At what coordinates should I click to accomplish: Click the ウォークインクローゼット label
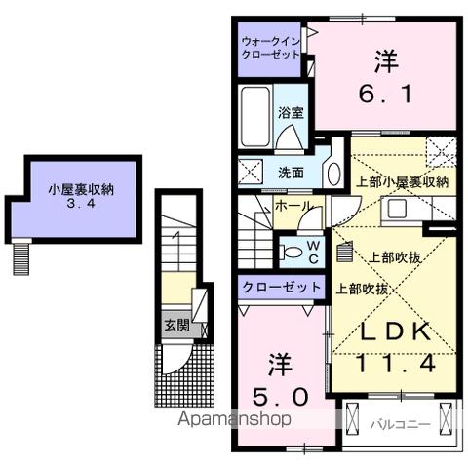tap(271, 48)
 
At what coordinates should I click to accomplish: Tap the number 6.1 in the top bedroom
tap(385, 94)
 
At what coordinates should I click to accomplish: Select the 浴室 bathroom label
tap(290, 112)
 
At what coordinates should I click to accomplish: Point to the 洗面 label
tap(291, 174)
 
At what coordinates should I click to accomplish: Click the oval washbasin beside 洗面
tap(332, 173)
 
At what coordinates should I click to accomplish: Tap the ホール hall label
tap(292, 207)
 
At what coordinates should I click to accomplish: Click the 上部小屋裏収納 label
tap(402, 182)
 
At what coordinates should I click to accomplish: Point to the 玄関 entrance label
tap(176, 325)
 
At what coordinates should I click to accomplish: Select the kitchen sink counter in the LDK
tap(399, 210)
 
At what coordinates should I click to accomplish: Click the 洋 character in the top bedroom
tap(384, 60)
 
